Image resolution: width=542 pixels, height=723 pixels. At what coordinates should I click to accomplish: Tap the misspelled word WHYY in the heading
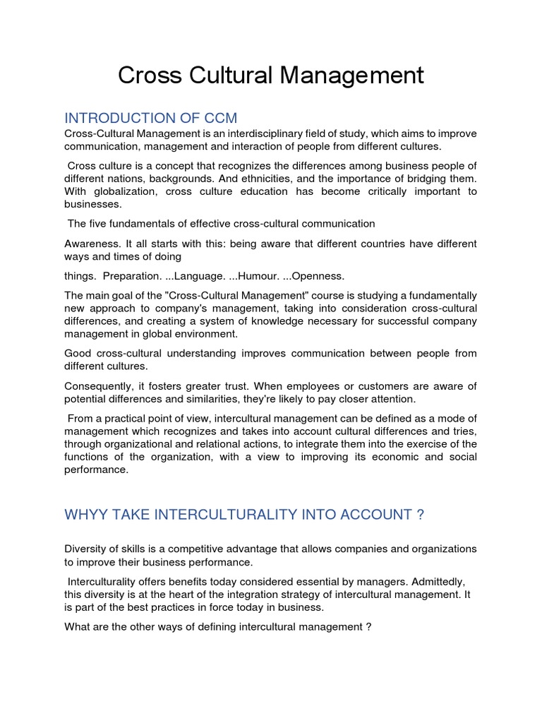pyautogui.click(x=84, y=515)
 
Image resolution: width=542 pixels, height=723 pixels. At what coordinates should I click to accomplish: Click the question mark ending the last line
pyautogui.click(x=368, y=626)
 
